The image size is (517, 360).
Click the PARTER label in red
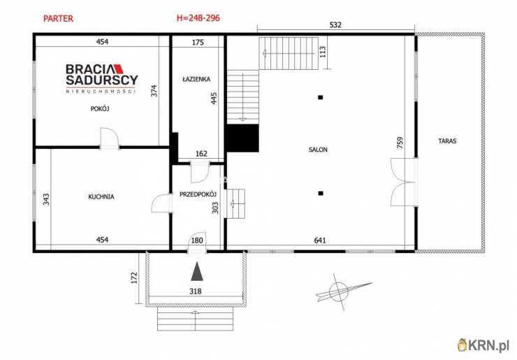[x=59, y=18]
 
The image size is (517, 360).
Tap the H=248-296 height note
[x=198, y=17]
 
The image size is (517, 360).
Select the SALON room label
[x=318, y=150]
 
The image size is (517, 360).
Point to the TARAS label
[x=447, y=141]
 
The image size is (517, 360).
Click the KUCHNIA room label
[x=101, y=196]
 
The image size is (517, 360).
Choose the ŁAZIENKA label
[x=196, y=79]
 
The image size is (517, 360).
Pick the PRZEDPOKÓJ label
[x=198, y=194]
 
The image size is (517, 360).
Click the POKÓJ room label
[x=100, y=108]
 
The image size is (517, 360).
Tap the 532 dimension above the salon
[x=335, y=24]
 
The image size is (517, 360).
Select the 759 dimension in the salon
[x=400, y=143]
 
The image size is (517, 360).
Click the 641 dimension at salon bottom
[x=320, y=240]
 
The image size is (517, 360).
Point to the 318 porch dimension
[x=196, y=291]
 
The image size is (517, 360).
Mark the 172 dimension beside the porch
[x=134, y=278]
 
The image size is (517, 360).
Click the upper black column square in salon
[x=320, y=97]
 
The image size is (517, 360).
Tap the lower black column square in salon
[x=321, y=194]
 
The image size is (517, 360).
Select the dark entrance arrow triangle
[x=197, y=271]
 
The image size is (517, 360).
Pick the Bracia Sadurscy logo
[x=101, y=78]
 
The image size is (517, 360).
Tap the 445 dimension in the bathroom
[x=214, y=99]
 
